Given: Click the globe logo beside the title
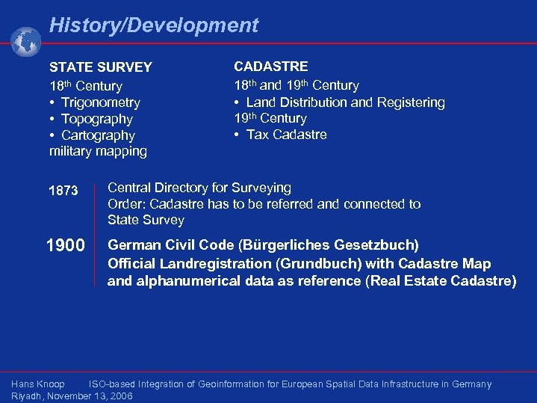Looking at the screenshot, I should [x=26, y=42].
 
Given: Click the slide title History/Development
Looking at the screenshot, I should [x=153, y=25].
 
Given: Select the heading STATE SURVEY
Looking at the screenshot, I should [x=100, y=67].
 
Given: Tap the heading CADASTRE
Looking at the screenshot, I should [x=270, y=67].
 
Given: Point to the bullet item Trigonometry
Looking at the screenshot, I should [x=100, y=102].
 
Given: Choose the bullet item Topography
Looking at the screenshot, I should [x=96, y=119].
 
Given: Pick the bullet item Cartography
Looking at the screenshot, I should [x=98, y=135].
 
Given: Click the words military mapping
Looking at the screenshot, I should [x=98, y=152].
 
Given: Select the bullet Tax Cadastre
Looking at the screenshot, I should [x=286, y=135].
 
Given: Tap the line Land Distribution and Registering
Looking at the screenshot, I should [x=345, y=102].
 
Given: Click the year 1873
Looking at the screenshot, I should [x=63, y=191].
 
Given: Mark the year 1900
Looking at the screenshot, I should [x=65, y=245].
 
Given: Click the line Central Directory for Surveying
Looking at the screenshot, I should [x=199, y=188].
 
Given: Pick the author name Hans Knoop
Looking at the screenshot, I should [x=38, y=384].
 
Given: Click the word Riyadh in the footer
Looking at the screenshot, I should [x=26, y=396].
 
